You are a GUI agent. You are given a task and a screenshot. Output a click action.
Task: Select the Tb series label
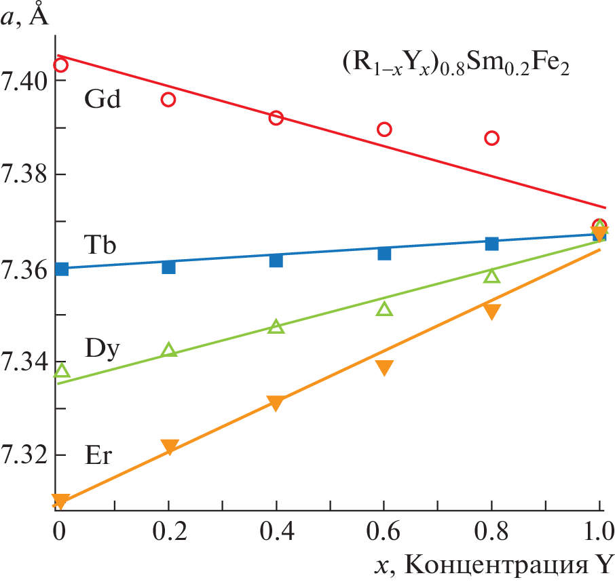102,243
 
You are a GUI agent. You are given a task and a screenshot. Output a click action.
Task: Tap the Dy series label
102,349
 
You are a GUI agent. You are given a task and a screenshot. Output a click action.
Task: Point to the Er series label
98,455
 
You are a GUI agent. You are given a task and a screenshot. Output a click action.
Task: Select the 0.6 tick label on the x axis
384,529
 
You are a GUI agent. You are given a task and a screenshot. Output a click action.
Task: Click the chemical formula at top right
455,66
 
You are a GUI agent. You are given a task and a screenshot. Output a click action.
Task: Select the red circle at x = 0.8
491,138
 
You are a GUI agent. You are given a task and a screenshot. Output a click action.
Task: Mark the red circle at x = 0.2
168,100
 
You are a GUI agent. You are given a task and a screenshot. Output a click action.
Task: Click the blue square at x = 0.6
384,254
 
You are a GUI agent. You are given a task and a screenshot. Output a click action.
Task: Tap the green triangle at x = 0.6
384,310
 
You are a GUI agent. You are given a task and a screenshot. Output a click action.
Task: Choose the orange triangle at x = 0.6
384,368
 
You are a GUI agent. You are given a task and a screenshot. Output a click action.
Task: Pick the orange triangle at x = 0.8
491,311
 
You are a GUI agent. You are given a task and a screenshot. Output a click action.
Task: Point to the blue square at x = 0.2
168,267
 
